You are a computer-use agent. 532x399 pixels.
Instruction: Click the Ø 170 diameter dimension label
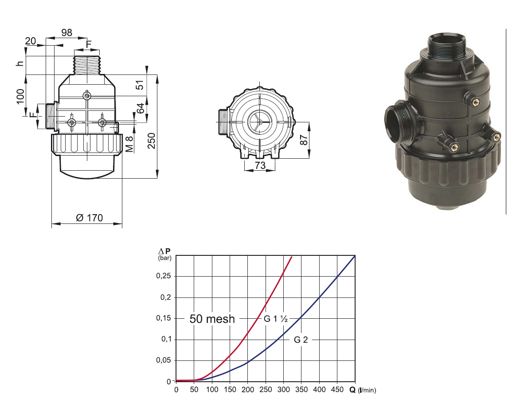[x=90, y=218]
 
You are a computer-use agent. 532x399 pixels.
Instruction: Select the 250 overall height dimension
[x=152, y=141]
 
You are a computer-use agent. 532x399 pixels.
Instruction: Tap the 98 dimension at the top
[x=66, y=33]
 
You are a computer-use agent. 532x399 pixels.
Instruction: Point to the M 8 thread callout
[x=129, y=144]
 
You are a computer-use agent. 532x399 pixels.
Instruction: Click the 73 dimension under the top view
[x=260, y=165]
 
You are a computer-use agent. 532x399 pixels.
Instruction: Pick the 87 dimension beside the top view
[x=304, y=140]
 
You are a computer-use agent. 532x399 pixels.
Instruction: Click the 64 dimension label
[x=141, y=108]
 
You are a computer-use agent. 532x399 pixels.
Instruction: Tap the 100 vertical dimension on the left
[x=20, y=97]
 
